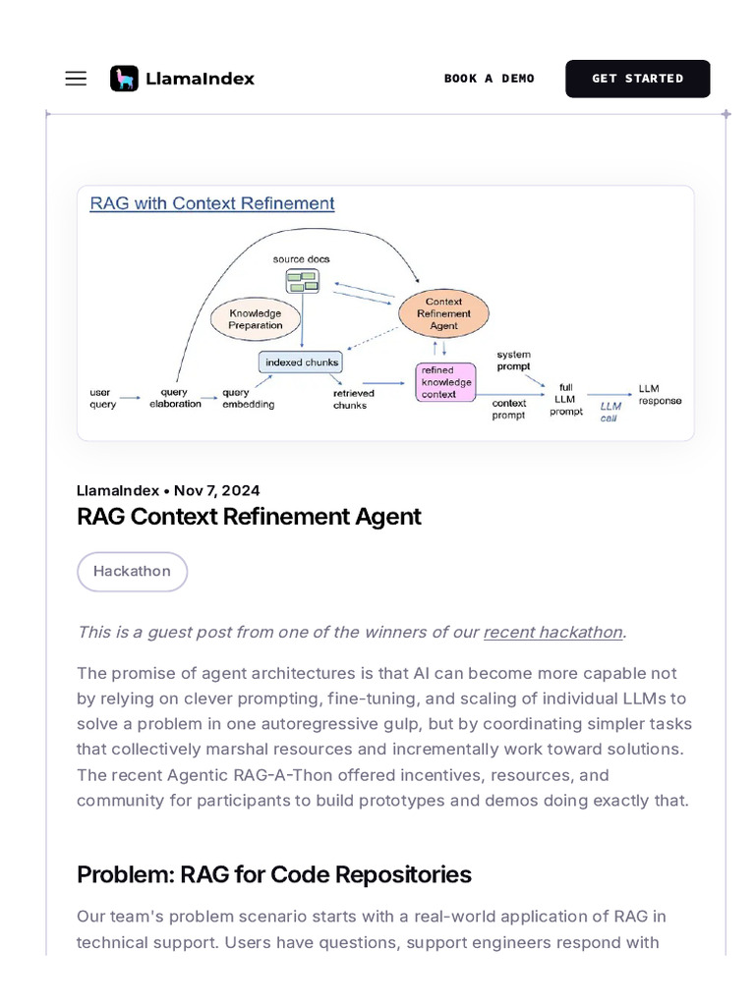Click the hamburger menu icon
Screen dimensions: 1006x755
coord(76,79)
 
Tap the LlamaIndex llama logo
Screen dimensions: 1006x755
coord(124,79)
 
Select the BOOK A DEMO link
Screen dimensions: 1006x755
coord(489,79)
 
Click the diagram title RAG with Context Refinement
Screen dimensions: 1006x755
coord(212,203)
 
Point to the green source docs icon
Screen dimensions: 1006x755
coord(302,282)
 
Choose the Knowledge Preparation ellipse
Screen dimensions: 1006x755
coord(256,319)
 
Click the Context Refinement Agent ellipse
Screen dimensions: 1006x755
coord(443,313)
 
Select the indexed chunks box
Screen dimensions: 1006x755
coord(302,363)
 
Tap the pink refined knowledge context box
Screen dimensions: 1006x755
coord(445,382)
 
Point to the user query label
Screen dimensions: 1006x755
coord(102,398)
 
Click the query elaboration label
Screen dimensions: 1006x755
coord(175,398)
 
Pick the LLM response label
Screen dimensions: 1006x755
coord(659,394)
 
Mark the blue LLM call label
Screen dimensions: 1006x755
coord(610,411)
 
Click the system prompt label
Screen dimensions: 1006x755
coord(513,360)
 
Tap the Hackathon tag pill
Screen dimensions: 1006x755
coord(132,572)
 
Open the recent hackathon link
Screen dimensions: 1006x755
coord(552,632)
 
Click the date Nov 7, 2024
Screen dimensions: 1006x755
coord(217,490)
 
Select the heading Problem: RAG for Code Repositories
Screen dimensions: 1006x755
coord(274,874)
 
